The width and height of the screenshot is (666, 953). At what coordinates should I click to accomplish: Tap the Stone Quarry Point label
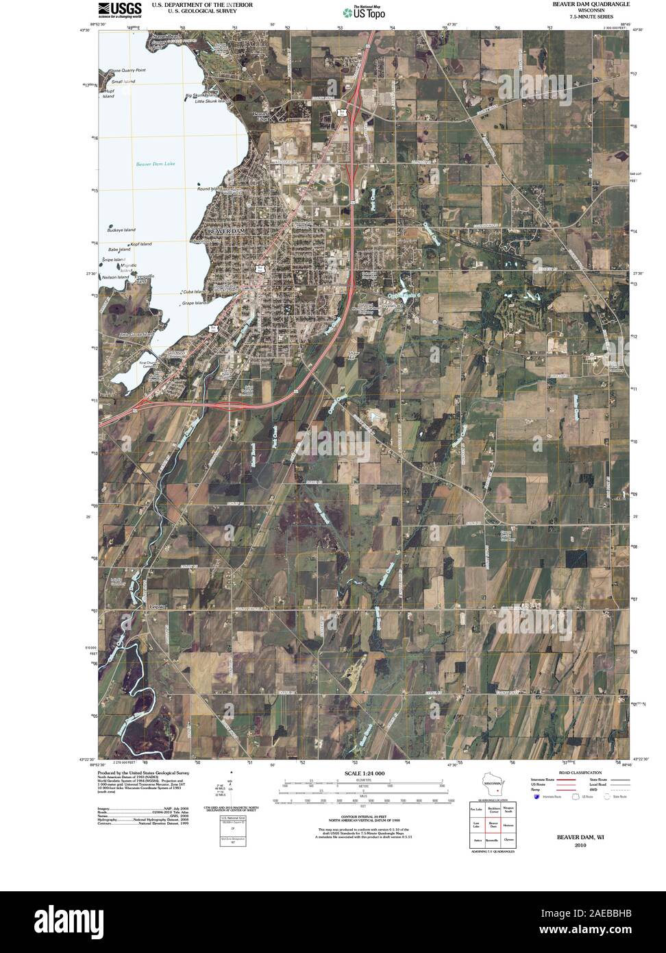click(x=128, y=71)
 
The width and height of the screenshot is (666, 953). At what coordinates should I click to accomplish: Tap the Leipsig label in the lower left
click(x=158, y=607)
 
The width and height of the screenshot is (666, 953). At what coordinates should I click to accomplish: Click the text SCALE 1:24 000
click(x=360, y=773)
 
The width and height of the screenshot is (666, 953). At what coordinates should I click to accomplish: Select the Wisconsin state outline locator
click(x=491, y=783)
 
